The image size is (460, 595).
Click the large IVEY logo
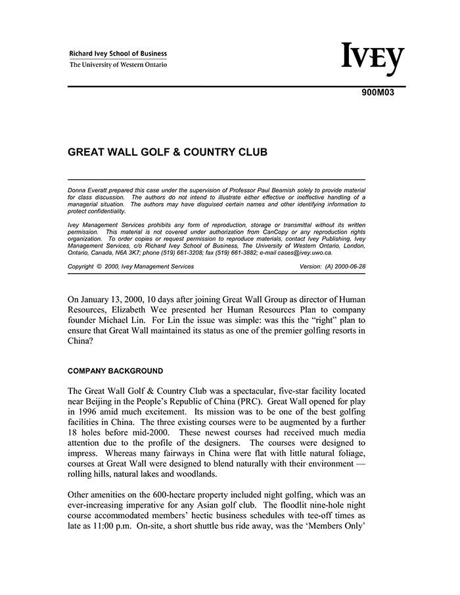(372, 60)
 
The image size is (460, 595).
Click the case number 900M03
(378, 93)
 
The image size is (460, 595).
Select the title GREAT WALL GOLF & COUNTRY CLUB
(168, 152)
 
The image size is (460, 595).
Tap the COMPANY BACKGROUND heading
(116, 371)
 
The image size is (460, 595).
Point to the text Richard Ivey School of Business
(118, 54)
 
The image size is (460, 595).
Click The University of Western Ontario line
(118, 65)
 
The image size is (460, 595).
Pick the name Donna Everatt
(88, 190)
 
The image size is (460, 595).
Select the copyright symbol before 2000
(99, 267)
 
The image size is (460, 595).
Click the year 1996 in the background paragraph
(89, 412)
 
